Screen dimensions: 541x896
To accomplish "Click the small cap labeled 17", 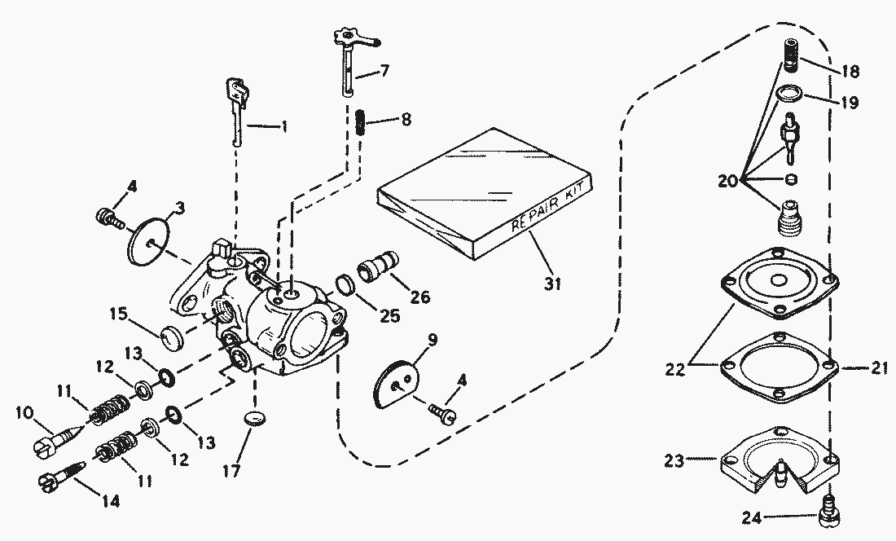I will (x=257, y=419).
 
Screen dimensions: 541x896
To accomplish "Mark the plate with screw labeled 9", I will (x=398, y=384).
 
